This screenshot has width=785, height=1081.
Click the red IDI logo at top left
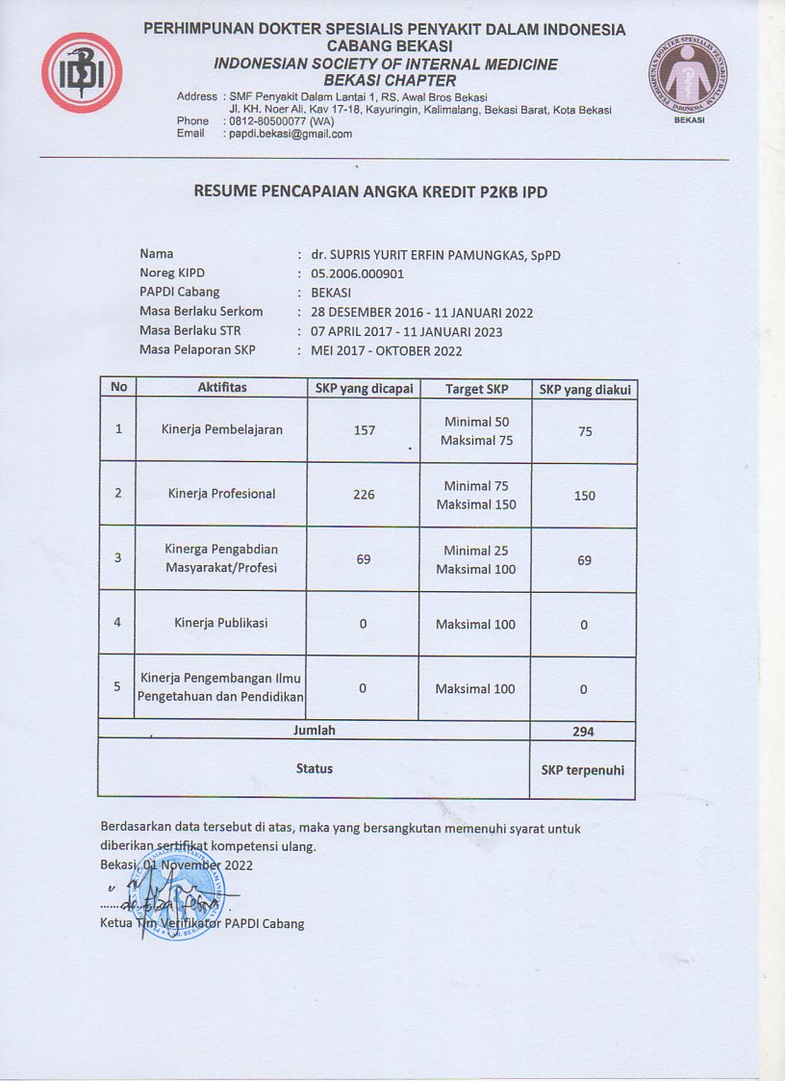pos(82,73)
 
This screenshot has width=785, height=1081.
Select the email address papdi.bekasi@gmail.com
pos(291,134)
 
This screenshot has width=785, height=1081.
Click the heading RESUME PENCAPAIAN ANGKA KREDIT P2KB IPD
pos(370,191)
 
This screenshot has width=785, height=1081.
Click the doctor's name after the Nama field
pos(435,255)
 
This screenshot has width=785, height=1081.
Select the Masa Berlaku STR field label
pos(190,331)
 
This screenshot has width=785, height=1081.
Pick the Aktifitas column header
pos(222,387)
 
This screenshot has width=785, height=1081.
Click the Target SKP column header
pos(476,389)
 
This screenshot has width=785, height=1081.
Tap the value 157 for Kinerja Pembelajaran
pos(364,430)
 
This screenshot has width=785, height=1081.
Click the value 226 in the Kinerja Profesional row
pos(364,494)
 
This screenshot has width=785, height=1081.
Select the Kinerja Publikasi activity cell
pos(221,623)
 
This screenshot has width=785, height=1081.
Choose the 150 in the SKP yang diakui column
pos(584,496)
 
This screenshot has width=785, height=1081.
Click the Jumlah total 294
pos(583,732)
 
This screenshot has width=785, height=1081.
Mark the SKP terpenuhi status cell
pos(583,770)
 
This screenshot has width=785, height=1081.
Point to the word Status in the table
pos(315,768)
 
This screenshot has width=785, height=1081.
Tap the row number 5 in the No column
pos(117,687)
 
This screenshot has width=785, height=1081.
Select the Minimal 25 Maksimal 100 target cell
pos(476,560)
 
